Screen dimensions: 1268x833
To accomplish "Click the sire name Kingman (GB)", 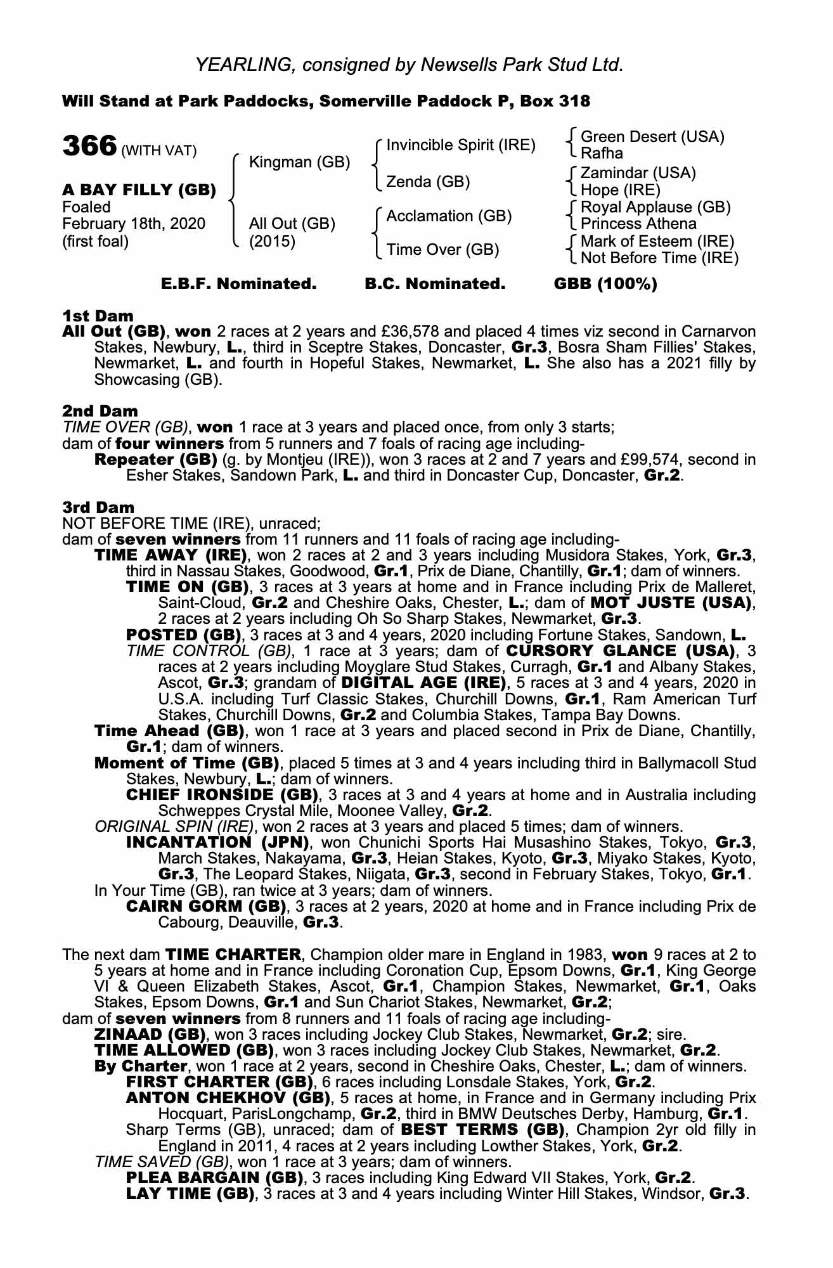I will pos(299,162).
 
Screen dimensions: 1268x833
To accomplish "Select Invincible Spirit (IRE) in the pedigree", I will pos(461,145).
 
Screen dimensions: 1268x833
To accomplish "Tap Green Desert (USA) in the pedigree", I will pos(652,137).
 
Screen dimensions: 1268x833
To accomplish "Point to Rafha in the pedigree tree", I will pos(602,153).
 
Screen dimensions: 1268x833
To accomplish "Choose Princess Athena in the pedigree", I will pos(638,224).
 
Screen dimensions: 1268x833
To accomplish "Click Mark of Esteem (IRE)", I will pos(657,242).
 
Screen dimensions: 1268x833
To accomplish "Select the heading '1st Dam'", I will pos(98,315).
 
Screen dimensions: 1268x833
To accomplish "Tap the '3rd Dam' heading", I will pos(98,507).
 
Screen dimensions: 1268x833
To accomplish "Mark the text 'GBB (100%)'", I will pos(605,284).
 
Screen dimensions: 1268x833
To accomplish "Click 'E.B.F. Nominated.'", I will pos(239,284).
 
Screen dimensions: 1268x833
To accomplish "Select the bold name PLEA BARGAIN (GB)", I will pos(214,1178).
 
